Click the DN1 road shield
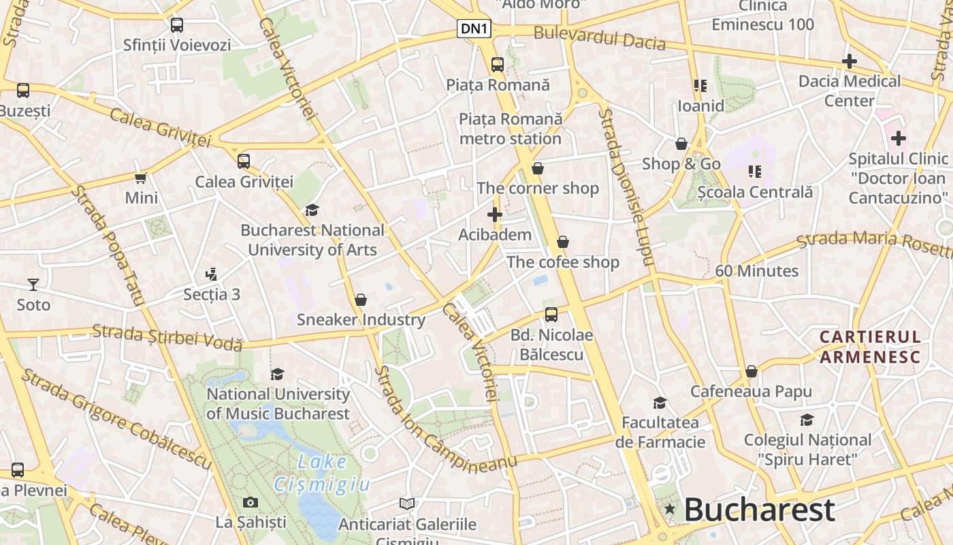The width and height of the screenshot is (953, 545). coord(474,29)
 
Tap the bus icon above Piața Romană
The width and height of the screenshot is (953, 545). coord(498,65)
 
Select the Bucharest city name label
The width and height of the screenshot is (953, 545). coord(759,510)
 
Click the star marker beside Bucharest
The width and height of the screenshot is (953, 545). coord(670,509)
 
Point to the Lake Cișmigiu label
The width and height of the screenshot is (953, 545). coord(322,473)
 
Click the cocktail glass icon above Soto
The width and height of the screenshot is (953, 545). coord(33,284)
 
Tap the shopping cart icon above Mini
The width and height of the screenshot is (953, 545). coord(141,178)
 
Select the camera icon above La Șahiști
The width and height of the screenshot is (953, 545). coord(251,503)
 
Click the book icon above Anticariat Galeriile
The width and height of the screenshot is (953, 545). coord(407,504)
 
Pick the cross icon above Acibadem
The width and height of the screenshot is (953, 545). coord(495,215)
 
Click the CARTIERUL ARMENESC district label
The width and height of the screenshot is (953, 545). coord(870,347)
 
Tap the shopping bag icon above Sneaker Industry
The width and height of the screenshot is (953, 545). coord(361,300)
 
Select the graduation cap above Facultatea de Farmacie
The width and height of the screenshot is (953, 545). coord(660,403)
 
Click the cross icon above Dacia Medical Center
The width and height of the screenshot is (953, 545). coord(849,61)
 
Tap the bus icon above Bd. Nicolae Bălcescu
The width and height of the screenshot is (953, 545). coord(551,315)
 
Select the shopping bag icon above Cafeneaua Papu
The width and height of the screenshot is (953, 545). coord(752,371)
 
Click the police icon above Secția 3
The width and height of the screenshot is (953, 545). coord(211,275)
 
